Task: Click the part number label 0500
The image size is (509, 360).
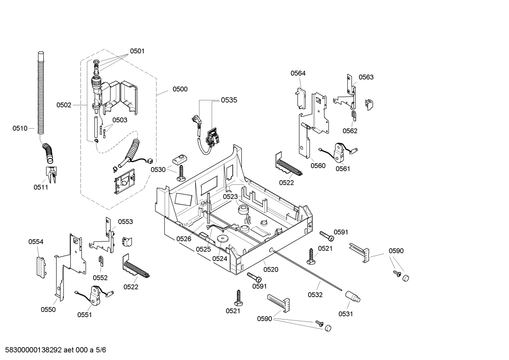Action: pos(180,89)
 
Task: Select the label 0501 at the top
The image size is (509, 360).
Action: pos(137,51)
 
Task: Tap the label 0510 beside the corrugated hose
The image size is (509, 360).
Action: pos(20,128)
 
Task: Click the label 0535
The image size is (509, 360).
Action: pos(229,100)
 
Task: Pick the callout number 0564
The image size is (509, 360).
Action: pos(298,73)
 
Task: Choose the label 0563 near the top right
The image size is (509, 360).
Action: pos(366,77)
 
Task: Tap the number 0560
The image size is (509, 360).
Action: pos(318,166)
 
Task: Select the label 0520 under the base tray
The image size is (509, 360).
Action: pos(271,270)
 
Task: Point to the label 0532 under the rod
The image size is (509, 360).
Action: pos(315,295)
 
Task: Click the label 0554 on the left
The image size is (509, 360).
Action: pos(36,242)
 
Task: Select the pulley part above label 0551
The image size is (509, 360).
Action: pos(95,295)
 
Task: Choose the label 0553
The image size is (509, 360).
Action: pos(125,222)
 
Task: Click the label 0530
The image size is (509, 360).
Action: pos(158,170)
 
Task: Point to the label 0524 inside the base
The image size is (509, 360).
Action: pos(220,258)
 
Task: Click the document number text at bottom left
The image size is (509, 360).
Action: pos(53,350)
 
